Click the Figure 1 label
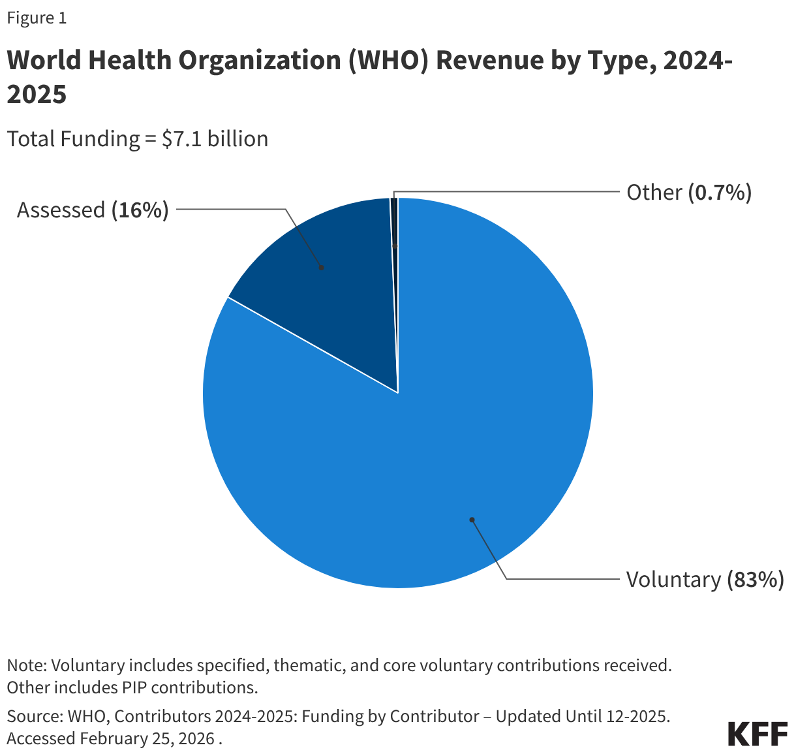tap(37, 18)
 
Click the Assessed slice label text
tap(61, 210)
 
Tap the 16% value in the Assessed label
tap(140, 210)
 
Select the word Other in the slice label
tap(654, 193)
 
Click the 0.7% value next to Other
tap(720, 193)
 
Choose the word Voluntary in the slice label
tap(673, 580)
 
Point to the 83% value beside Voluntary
tap(756, 580)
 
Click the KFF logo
tap(758, 734)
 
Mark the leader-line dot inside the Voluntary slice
tap(471, 520)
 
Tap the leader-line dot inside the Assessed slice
tap(321, 267)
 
